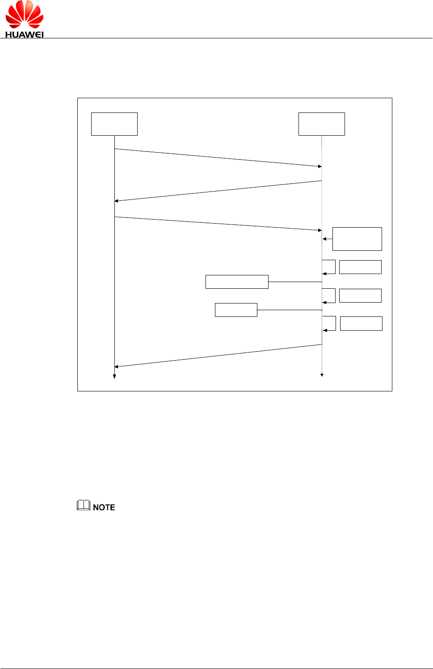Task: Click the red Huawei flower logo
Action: pos(24,15)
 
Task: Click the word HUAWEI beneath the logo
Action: pos(24,34)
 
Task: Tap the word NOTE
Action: pos(104,507)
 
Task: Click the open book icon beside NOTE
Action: pos(84,505)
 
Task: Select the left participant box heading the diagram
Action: pos(114,124)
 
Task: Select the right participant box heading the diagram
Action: pos(321,124)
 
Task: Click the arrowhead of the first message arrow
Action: pos(320,166)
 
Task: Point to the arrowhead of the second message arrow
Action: pos(117,201)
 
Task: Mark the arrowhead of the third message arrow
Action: pos(320,230)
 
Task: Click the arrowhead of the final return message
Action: pos(117,366)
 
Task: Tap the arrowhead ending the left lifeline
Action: pos(114,377)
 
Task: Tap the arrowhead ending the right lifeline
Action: pos(322,375)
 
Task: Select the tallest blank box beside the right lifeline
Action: pos(357,239)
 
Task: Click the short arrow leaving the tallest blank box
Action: pos(328,239)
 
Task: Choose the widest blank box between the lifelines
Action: pos(237,282)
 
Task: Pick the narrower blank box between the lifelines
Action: pos(236,310)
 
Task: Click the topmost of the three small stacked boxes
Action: pos(360,267)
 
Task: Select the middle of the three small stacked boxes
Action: pos(360,295)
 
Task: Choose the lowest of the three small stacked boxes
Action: pos(361,323)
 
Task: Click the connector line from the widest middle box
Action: pos(295,282)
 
